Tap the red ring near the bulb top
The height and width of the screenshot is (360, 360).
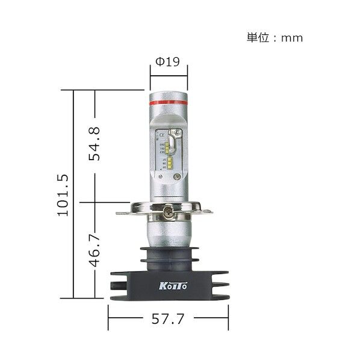168,101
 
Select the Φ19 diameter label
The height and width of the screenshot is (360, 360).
168,61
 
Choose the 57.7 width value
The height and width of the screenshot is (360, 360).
169,319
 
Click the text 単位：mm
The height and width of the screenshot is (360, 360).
275,38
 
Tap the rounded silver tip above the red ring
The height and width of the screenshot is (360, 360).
168,90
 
